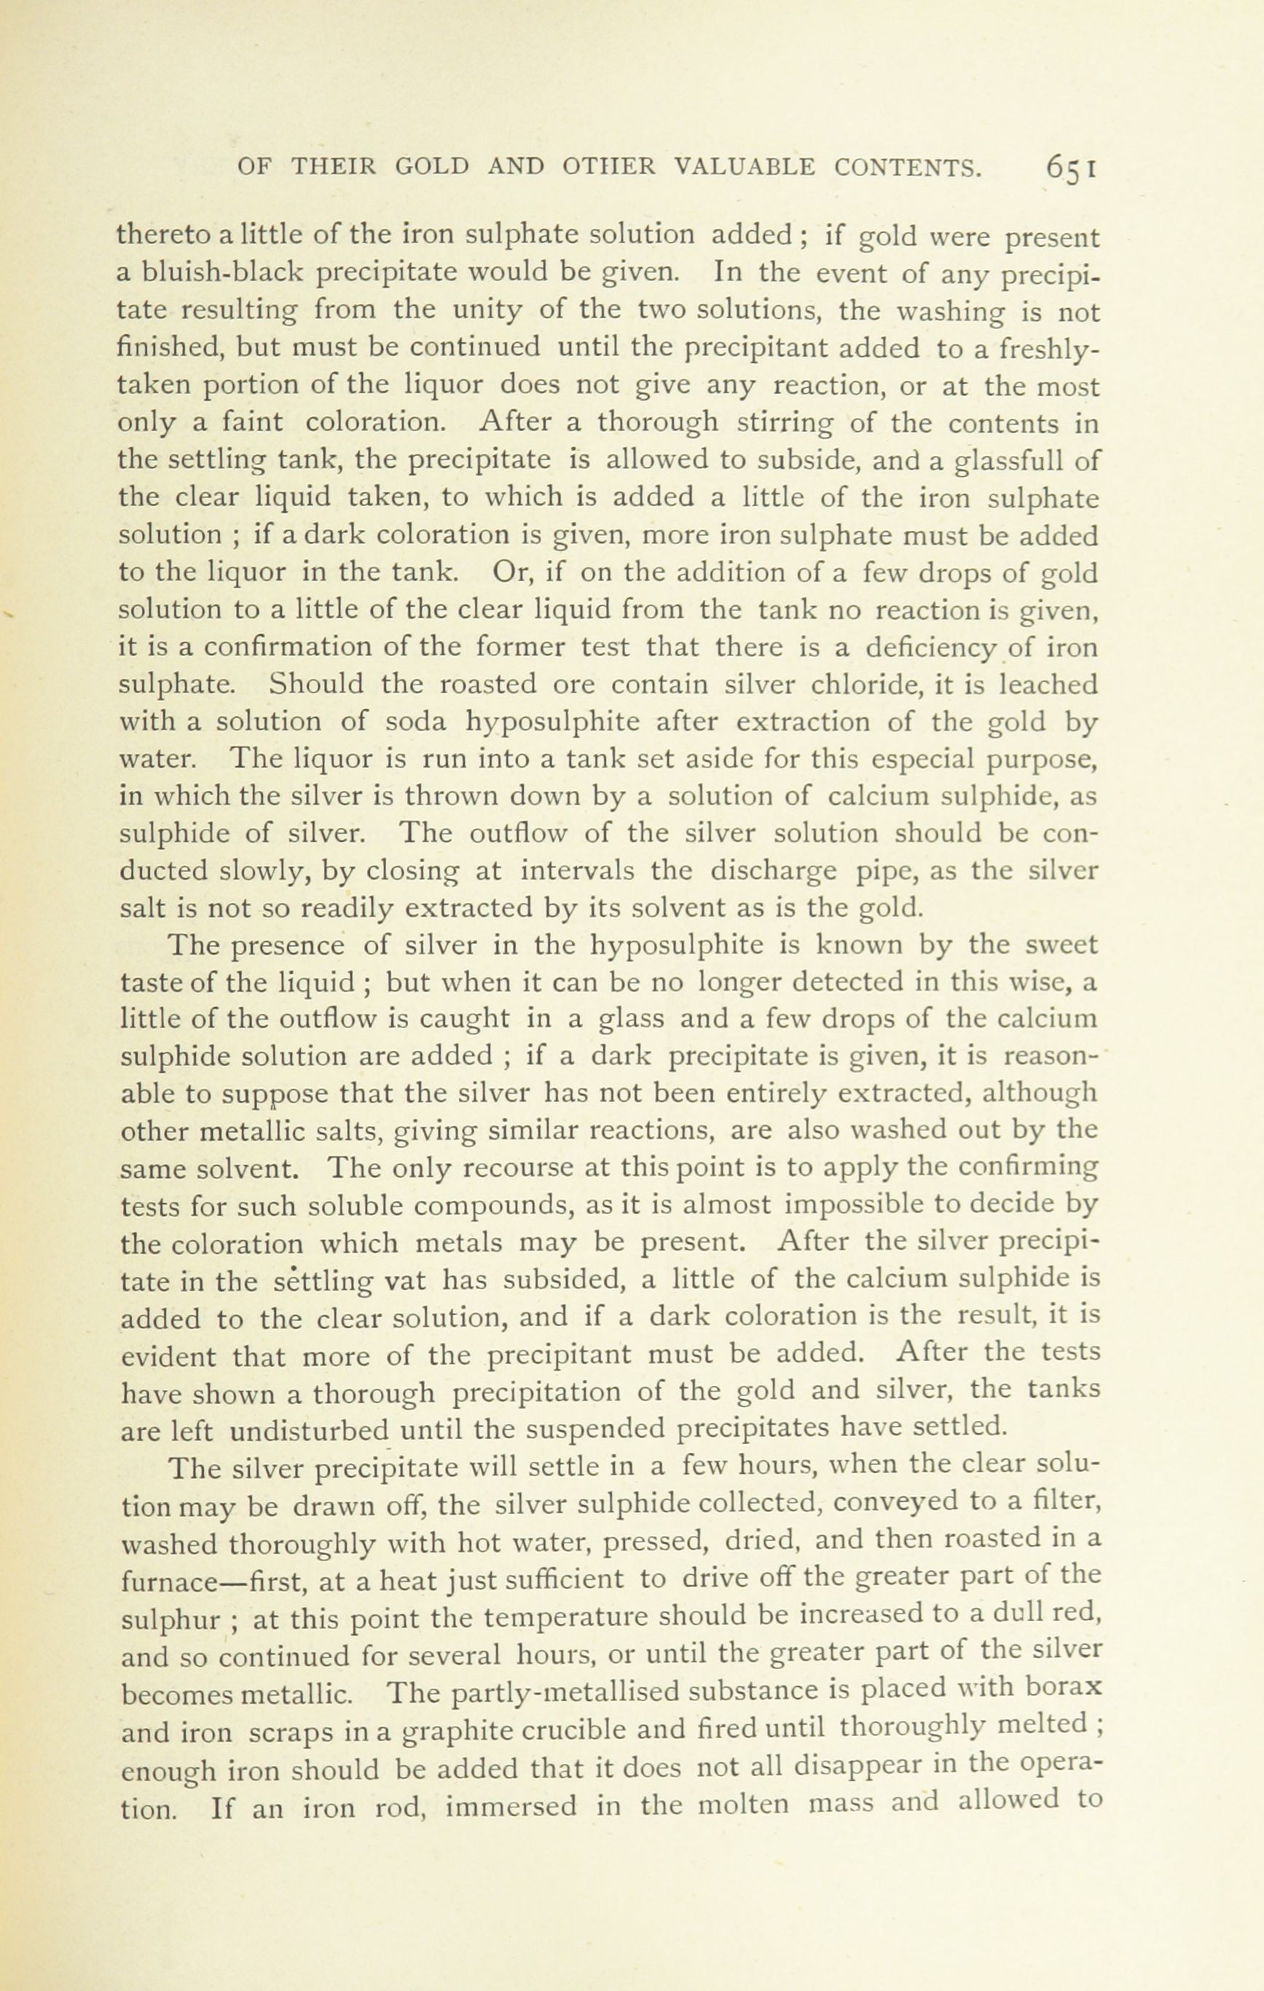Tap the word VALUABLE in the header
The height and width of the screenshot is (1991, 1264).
pyautogui.click(x=745, y=167)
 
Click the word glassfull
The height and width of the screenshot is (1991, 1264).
pyautogui.click(x=1027, y=460)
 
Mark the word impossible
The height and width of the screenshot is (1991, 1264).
pyautogui.click(x=849, y=1205)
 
